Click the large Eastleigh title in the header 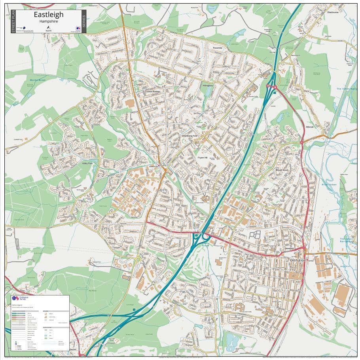point(48,14)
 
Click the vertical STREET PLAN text point(13,22)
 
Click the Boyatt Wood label point(282,170)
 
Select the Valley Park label point(87,163)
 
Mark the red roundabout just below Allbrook point(302,141)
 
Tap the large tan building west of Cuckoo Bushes point(129,103)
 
